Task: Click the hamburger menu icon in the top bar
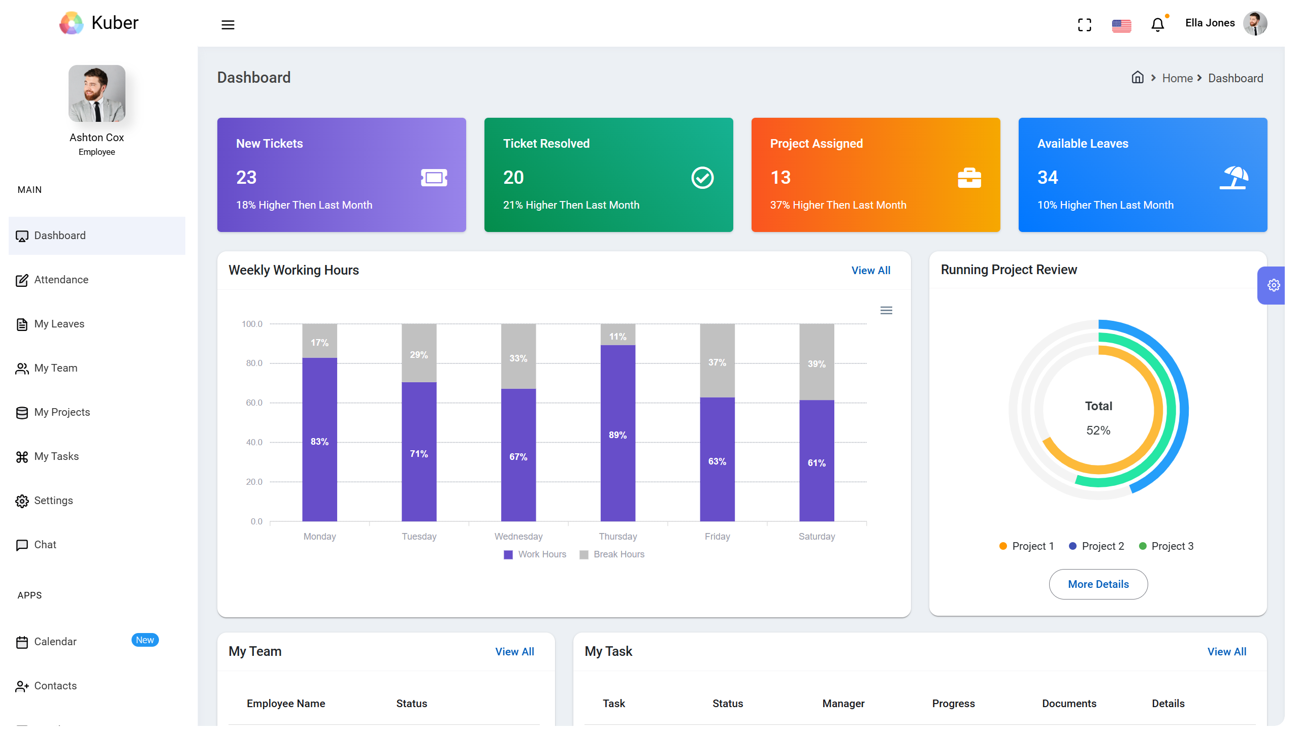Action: [228, 25]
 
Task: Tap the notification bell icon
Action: [1157, 25]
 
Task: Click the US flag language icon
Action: [1121, 25]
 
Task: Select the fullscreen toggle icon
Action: [1085, 25]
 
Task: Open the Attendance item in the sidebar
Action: [61, 280]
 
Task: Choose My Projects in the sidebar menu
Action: [62, 412]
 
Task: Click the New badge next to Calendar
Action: [145, 640]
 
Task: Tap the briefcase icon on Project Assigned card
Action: [969, 178]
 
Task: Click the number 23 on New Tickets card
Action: [246, 177]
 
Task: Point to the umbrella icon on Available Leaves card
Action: [1234, 178]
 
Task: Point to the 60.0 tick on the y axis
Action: [254, 403]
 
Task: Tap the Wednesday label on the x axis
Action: [518, 537]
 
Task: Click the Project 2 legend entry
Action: [1097, 546]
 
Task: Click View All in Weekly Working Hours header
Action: [870, 271]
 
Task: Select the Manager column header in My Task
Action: [843, 704]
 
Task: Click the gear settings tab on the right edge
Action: [1273, 285]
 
